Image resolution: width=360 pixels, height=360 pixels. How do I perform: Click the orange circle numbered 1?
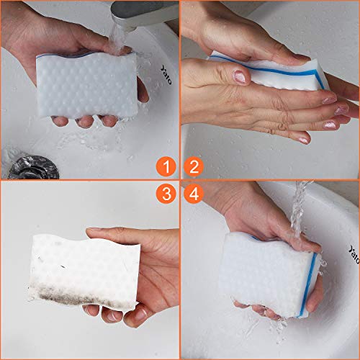[x=167, y=168]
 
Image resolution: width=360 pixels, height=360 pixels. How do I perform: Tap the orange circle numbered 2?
[x=192, y=168]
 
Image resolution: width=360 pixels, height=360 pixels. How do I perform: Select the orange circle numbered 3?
[x=167, y=193]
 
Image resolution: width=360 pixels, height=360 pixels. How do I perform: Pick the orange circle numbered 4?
[x=192, y=193]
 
